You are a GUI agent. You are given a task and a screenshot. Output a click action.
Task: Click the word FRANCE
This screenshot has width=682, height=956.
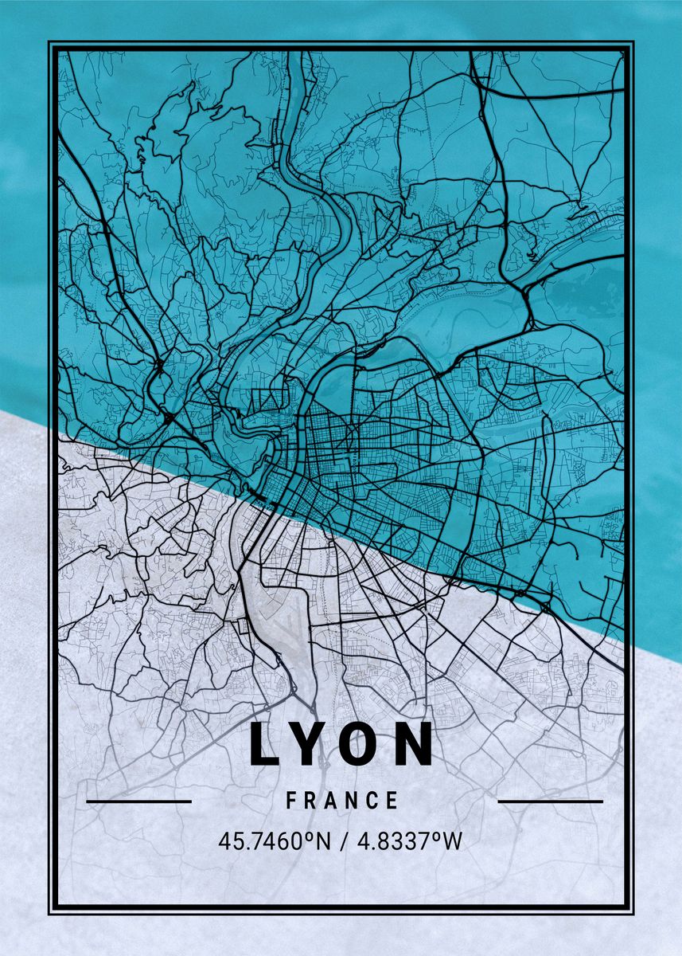342,801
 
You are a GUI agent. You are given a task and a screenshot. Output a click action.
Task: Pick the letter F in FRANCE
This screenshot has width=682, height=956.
292,801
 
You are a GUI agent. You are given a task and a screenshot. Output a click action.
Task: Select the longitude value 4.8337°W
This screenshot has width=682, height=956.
408,841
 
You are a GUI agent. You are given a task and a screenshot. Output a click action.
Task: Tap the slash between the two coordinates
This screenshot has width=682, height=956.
342,841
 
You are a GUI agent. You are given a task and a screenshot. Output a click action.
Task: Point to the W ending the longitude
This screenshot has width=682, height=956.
453,841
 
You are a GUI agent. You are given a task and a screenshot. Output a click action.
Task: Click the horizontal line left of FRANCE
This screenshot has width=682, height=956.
138,801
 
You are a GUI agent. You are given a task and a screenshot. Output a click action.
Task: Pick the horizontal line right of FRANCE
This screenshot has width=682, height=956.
550,801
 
